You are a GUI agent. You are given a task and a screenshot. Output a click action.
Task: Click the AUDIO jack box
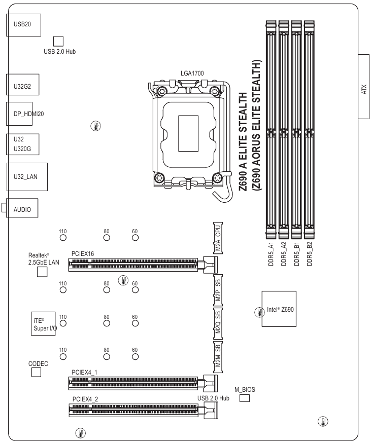point(22,208)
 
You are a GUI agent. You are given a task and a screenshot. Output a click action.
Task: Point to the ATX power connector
point(364,86)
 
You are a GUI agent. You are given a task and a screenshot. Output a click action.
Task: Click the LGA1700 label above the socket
point(192,73)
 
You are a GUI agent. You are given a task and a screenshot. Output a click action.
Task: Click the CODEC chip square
point(36,373)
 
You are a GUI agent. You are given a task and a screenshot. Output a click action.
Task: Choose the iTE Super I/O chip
point(42,322)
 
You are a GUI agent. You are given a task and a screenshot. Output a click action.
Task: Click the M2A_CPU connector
point(218,237)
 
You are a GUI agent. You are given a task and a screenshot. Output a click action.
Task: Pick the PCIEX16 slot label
point(82,252)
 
